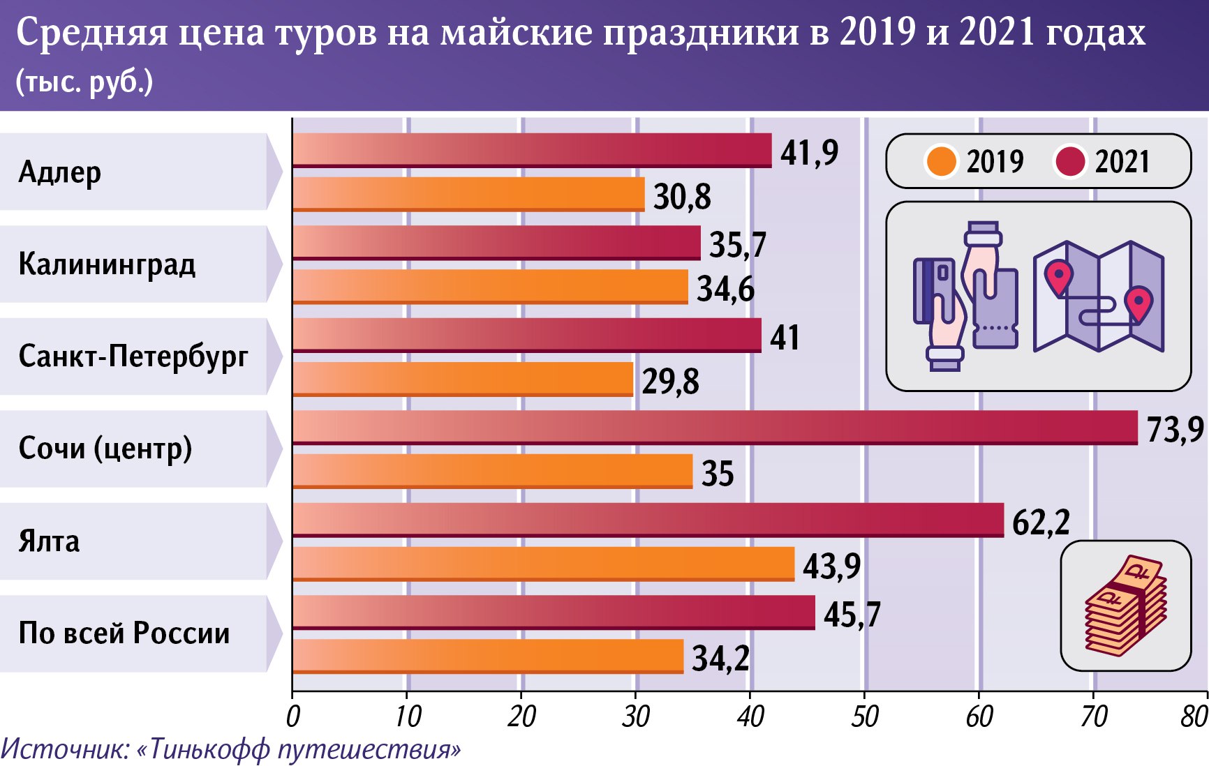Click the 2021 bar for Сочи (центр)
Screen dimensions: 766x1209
pyautogui.click(x=715, y=427)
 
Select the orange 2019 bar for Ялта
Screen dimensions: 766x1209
pyautogui.click(x=543, y=564)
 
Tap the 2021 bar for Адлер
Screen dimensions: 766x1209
pyautogui.click(x=532, y=150)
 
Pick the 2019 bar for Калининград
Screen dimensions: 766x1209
pyautogui.click(x=490, y=286)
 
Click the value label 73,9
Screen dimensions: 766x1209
pyautogui.click(x=1175, y=429)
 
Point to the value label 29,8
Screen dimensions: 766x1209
pyautogui.click(x=670, y=382)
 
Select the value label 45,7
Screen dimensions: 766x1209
pyautogui.click(x=852, y=615)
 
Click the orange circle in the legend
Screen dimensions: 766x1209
pyautogui.click(x=940, y=161)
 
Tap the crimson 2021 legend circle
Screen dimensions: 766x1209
pyautogui.click(x=1069, y=161)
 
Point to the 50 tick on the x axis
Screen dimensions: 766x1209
pyautogui.click(x=864, y=716)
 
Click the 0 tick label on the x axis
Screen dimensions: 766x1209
pyautogui.click(x=293, y=716)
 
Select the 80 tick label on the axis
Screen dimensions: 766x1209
pyautogui.click(x=1194, y=716)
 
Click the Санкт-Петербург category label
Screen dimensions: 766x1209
pyautogui.click(x=133, y=356)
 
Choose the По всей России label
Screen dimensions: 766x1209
pyautogui.click(x=124, y=633)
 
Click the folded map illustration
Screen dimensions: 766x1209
pyautogui.click(x=1098, y=296)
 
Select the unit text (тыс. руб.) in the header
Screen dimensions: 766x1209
pyautogui.click(x=84, y=82)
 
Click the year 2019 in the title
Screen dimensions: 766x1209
pyautogui.click(x=877, y=32)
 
